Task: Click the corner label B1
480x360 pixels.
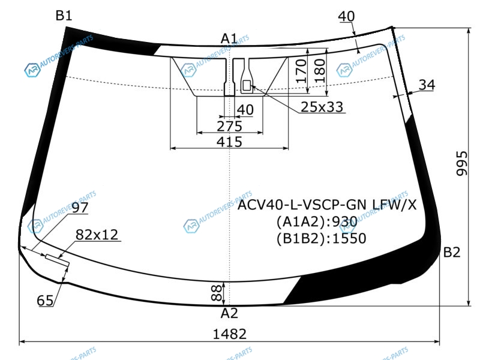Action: tap(64, 16)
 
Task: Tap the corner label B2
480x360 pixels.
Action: tap(452, 252)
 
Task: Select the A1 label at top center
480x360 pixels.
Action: tap(229, 39)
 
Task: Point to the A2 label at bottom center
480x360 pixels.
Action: tap(229, 313)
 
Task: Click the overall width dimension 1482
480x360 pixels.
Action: tap(230, 334)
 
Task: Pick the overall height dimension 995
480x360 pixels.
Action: tap(462, 163)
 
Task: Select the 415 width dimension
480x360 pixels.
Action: tap(229, 142)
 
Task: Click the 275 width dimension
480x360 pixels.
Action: tap(229, 126)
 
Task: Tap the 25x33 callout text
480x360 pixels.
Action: tap(322, 107)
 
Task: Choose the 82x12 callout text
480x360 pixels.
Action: tap(97, 235)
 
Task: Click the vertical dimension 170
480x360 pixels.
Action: tap(302, 71)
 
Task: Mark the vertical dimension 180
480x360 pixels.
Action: tap(319, 71)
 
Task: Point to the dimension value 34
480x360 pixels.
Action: tap(427, 85)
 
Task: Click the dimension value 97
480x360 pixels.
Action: tap(80, 208)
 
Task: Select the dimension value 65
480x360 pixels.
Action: tap(45, 301)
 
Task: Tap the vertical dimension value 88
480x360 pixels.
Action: tap(217, 293)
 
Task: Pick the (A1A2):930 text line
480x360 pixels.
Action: tap(317, 221)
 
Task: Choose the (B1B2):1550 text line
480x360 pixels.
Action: tap(321, 238)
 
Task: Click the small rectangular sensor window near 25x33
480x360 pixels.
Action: tap(247, 86)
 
